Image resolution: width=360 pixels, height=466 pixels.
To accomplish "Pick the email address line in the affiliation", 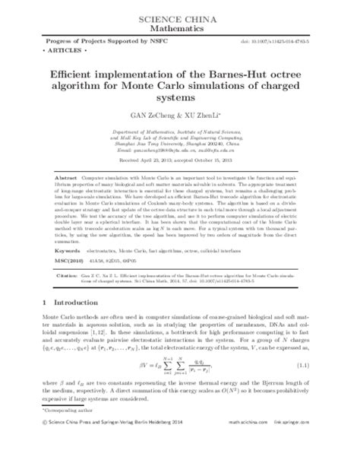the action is tap(179, 152).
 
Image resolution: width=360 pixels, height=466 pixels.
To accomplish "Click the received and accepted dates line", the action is tap(179, 160).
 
